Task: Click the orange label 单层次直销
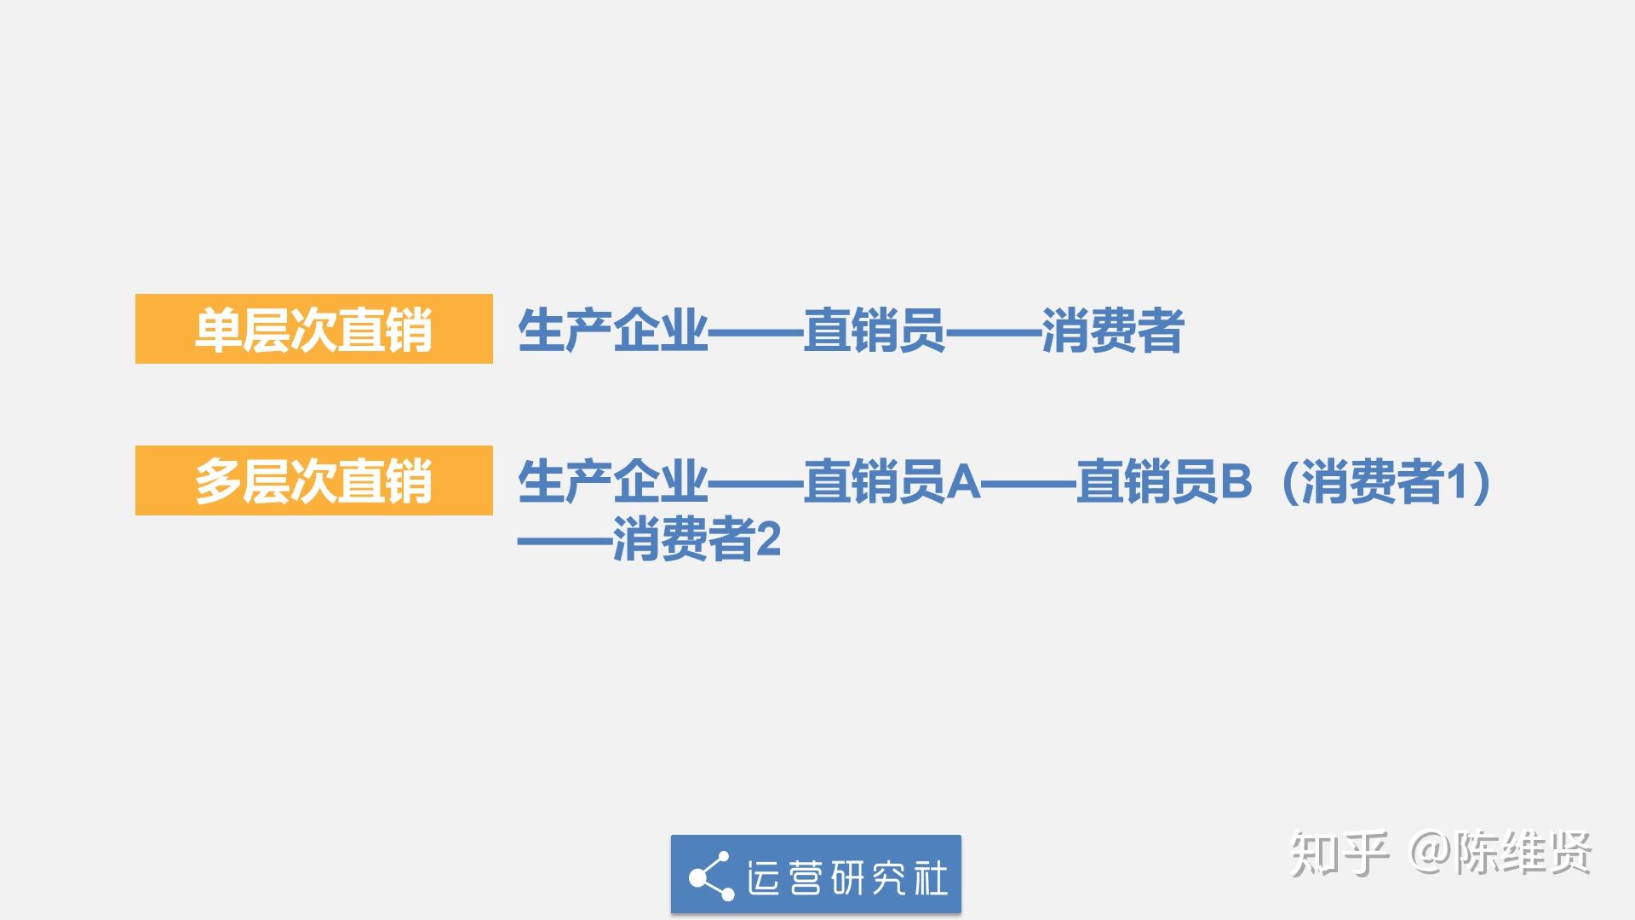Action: (313, 330)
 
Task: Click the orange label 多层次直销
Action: (313, 481)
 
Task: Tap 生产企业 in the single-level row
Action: (612, 331)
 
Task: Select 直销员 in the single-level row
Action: (875, 331)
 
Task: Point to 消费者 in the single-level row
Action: (1112, 331)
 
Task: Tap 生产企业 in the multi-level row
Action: (612, 482)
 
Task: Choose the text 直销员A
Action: (892, 482)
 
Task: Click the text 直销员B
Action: (1164, 482)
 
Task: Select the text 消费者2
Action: (696, 540)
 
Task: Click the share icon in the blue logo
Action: (711, 876)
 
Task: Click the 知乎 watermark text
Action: (1340, 853)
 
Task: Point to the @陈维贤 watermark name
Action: (1501, 853)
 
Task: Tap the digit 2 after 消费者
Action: (768, 540)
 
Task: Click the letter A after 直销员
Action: (963, 482)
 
